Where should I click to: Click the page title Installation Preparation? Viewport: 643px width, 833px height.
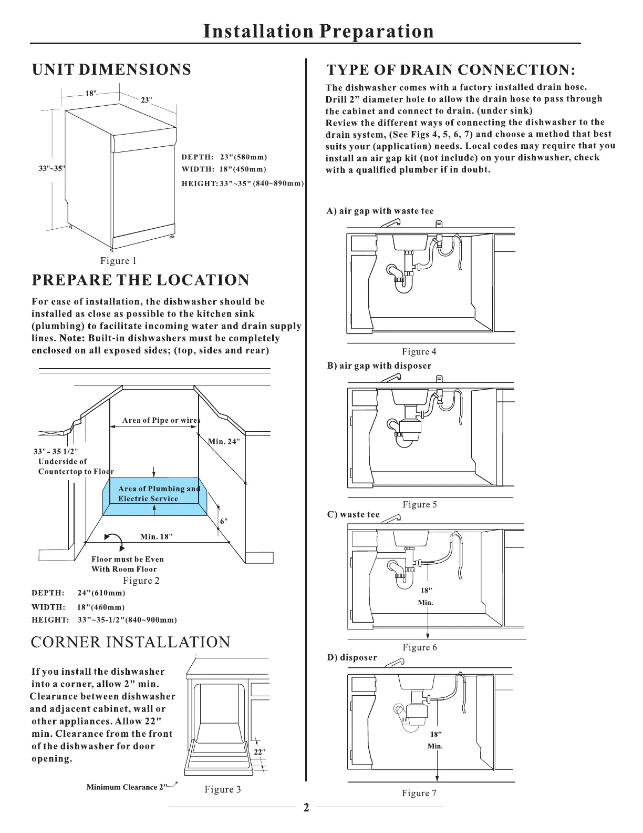coord(318,31)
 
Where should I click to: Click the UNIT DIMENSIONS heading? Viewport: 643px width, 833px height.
coord(111,70)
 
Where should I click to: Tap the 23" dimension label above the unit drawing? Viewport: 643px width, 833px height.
coord(147,100)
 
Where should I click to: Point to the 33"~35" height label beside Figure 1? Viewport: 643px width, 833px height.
coord(51,168)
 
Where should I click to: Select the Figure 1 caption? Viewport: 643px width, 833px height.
coord(118,261)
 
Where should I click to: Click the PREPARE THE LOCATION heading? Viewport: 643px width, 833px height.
coord(140,280)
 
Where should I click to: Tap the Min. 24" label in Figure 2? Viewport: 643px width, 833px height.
coord(224,441)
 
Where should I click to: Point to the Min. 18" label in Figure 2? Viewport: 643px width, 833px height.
coord(156,536)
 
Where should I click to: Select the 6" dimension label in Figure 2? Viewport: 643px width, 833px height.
coord(224,521)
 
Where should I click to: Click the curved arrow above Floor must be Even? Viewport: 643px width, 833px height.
coord(114,540)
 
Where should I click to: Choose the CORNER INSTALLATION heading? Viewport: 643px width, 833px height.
coord(130,642)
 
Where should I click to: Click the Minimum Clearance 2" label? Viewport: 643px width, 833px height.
coord(127,787)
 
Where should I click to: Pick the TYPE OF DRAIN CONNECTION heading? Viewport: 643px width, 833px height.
coord(451,70)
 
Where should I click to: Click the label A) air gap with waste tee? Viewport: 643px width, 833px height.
coord(380,211)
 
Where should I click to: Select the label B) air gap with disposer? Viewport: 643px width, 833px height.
coord(379,365)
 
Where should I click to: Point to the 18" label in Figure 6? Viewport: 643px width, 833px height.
coord(426,591)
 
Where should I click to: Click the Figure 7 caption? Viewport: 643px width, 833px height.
coord(419,793)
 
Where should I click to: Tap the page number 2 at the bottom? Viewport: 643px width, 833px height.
coord(306,808)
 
